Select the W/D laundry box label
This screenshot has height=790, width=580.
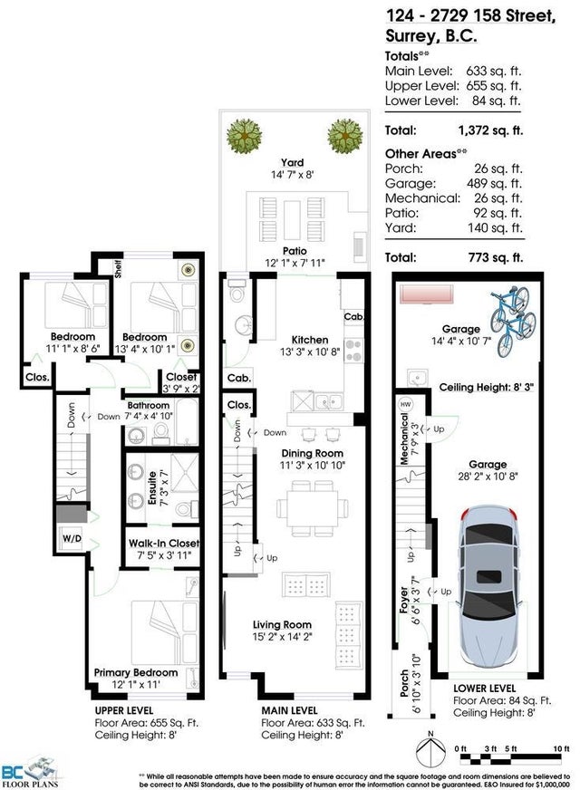tap(72, 538)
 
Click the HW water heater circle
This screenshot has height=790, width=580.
tap(405, 404)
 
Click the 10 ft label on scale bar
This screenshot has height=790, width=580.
tap(561, 748)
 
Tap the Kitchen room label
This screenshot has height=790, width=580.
tap(310, 340)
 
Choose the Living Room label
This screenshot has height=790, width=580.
tap(282, 625)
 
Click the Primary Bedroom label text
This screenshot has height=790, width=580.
tap(136, 672)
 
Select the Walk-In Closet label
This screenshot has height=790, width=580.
tap(164, 544)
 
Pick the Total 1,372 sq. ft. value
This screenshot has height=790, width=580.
tap(490, 130)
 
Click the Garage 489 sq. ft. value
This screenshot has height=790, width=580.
tap(494, 183)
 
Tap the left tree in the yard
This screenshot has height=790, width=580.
tap(245, 136)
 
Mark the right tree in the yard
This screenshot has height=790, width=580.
tap(345, 136)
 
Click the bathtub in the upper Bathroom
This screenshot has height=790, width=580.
tap(187, 422)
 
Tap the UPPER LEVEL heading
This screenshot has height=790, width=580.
tap(124, 710)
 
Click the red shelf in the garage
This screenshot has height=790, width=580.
tap(428, 294)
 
